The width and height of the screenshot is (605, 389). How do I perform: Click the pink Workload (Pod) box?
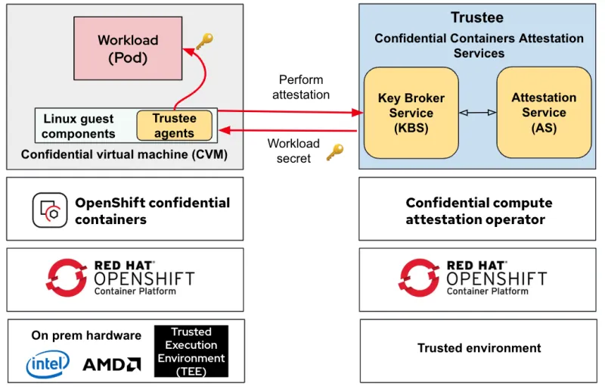point(128,48)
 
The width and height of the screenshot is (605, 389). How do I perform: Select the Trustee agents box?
point(174,126)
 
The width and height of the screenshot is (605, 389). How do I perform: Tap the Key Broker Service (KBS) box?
point(411,113)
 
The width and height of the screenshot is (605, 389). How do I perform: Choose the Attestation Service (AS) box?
point(543,113)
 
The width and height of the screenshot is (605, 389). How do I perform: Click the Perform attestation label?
point(300,87)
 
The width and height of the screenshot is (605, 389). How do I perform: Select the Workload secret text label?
point(293,151)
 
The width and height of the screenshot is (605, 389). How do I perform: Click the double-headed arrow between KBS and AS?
point(478,113)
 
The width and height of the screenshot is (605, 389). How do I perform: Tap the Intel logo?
point(48,364)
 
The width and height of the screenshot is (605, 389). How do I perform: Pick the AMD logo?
point(111,365)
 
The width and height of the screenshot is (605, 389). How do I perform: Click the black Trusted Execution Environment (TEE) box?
point(191,351)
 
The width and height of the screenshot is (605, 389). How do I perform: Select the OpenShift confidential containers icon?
point(50,210)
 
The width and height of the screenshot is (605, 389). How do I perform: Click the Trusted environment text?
point(479,348)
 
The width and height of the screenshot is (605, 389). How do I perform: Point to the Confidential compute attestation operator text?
point(479,211)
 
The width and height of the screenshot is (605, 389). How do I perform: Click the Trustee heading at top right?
point(476,17)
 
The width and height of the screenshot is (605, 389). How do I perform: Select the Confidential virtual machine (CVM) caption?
point(124,154)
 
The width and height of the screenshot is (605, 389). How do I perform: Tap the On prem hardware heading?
point(86,335)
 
